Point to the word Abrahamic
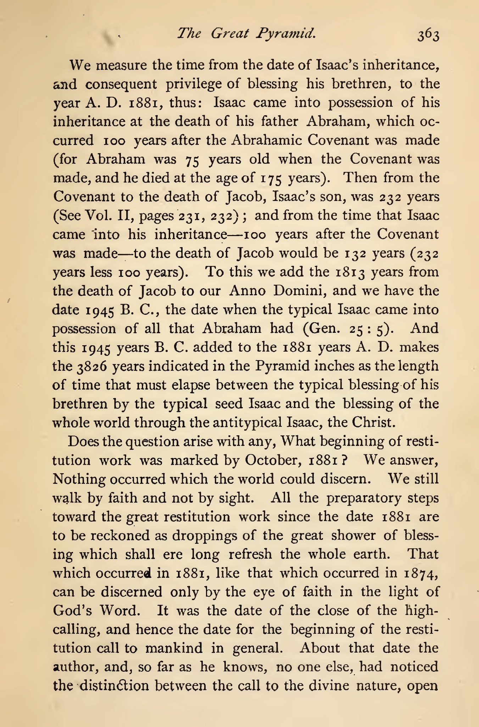[266, 140]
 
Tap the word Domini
[299, 291]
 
